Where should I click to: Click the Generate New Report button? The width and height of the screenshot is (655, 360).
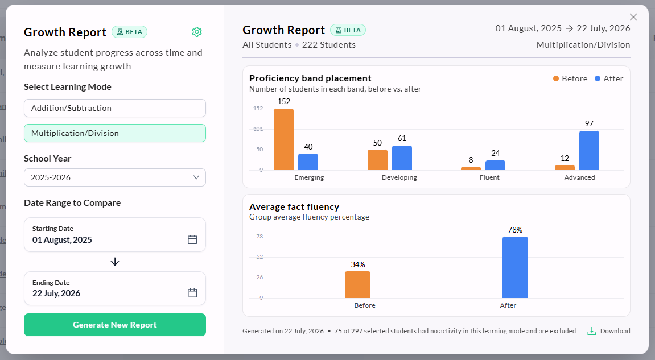[115, 325]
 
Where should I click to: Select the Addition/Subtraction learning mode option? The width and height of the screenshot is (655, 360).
[115, 108]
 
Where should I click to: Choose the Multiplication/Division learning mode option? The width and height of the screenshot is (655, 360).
[115, 133]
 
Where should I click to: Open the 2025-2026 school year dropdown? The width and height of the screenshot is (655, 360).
[115, 177]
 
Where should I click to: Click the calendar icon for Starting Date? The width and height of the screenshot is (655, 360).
[192, 239]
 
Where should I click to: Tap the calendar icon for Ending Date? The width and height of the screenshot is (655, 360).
[192, 293]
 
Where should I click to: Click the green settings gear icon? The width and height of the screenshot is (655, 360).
[197, 32]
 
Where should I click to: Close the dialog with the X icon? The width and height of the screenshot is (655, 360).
[633, 17]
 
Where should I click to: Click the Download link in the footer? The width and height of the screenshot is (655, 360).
[609, 331]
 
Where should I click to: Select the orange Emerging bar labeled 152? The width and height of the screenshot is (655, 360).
[283, 139]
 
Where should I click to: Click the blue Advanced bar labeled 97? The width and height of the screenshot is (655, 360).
[589, 150]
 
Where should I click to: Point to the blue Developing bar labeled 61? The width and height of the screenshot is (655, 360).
[402, 158]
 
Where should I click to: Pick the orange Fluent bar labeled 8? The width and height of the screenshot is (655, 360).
[471, 168]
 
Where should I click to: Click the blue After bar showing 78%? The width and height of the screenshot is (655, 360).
[515, 267]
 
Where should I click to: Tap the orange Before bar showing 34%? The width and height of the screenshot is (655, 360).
[357, 284]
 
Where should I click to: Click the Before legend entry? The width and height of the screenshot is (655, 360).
[570, 78]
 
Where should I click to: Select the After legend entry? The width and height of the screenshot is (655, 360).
[609, 78]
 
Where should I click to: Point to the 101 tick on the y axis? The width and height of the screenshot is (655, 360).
[258, 129]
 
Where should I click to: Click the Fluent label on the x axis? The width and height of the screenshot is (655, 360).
[489, 177]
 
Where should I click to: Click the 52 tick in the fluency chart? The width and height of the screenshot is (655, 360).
[260, 257]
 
